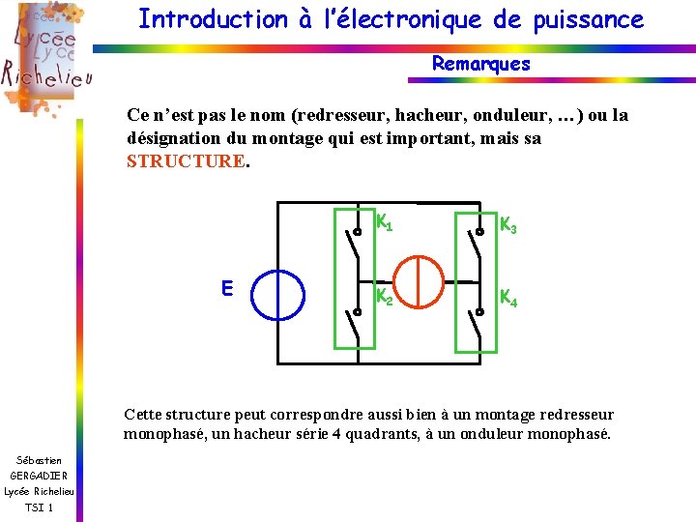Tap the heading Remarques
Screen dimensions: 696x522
click(x=480, y=64)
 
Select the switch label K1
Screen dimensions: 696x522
click(x=384, y=224)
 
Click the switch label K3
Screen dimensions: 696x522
click(x=507, y=226)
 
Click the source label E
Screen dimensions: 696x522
click(x=226, y=288)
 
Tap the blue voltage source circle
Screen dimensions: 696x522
click(x=277, y=293)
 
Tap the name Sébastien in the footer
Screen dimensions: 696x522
click(x=39, y=460)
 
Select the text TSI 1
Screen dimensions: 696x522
click(x=39, y=507)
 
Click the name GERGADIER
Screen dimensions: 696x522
click(x=39, y=476)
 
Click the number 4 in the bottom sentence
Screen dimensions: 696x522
click(x=335, y=435)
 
